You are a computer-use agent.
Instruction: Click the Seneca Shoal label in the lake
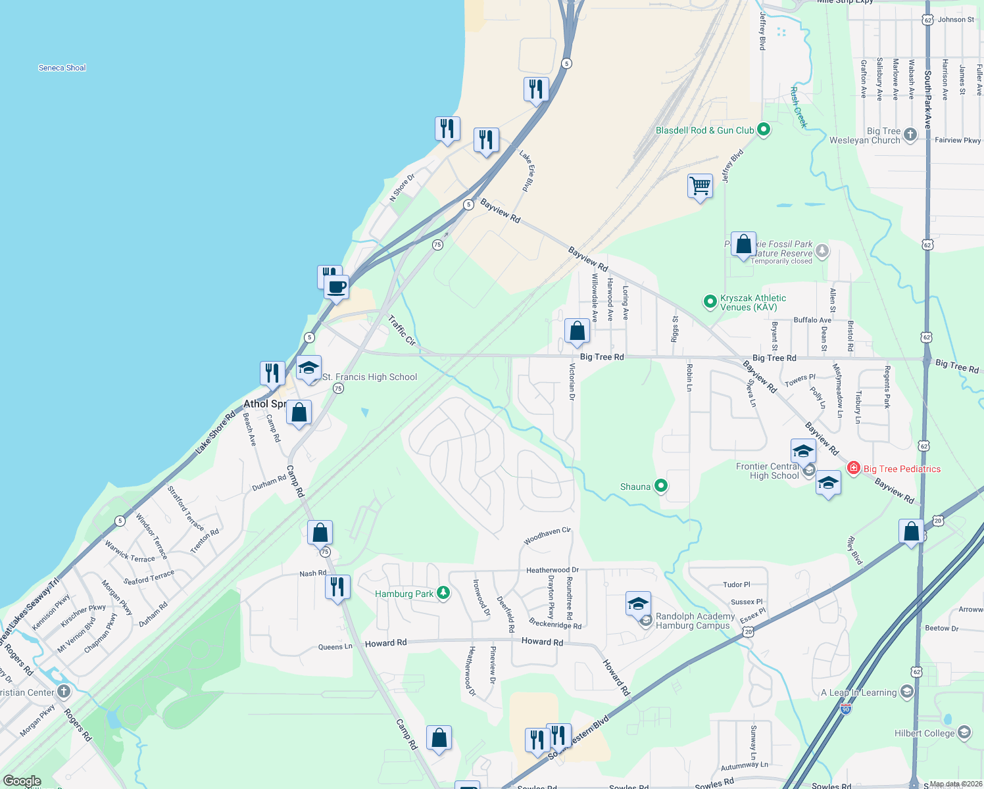(62, 68)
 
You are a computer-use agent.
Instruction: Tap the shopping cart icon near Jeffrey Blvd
(700, 186)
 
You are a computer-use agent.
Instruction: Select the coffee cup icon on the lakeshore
(336, 287)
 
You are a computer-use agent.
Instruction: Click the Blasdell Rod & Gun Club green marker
(764, 130)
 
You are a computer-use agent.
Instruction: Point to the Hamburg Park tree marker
(444, 593)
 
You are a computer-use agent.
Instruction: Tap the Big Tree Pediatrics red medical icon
(854, 468)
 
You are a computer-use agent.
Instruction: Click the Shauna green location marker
(661, 486)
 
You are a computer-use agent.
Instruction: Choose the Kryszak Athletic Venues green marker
(710, 302)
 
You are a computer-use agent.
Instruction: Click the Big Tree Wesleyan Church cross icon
(910, 135)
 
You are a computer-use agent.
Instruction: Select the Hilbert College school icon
(964, 732)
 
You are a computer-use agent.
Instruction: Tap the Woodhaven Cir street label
(547, 536)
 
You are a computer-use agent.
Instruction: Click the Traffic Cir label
(401, 331)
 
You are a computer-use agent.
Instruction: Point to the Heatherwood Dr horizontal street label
(553, 570)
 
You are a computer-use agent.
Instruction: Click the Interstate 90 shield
(846, 709)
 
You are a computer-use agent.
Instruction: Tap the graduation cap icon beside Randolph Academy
(638, 604)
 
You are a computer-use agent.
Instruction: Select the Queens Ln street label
(335, 646)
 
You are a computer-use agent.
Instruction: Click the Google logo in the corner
(22, 781)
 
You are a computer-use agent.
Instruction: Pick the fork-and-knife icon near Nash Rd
(337, 586)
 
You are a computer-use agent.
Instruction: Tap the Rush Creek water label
(798, 107)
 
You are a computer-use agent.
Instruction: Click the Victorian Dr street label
(572, 382)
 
